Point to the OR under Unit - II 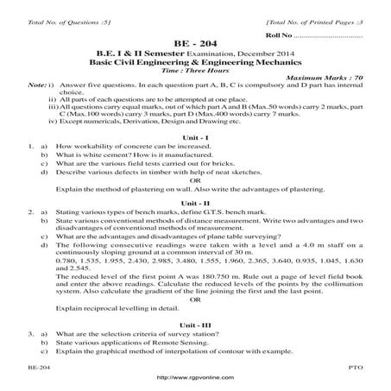194,300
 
